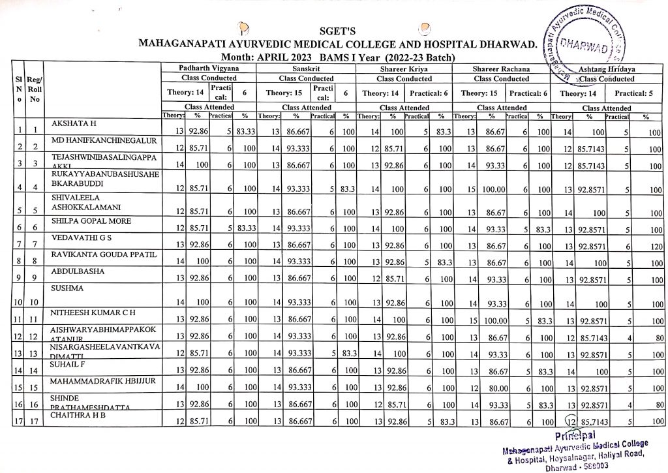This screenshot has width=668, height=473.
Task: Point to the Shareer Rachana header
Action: [502, 68]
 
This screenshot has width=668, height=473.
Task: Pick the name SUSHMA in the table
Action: [63, 287]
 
